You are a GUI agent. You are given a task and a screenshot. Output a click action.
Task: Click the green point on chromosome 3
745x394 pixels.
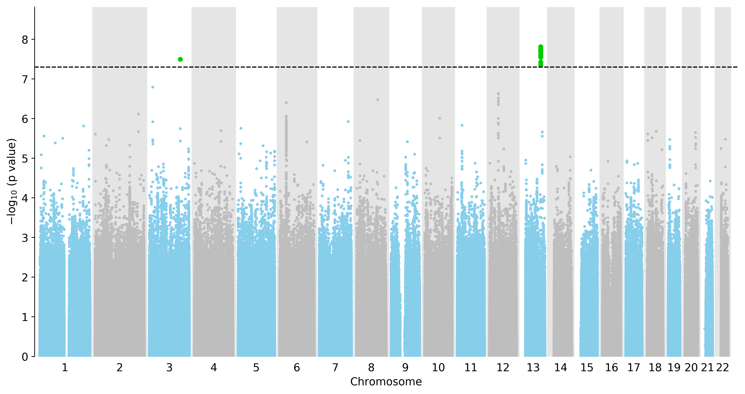click(x=180, y=59)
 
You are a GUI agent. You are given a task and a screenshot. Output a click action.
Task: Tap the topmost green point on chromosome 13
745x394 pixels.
click(x=541, y=46)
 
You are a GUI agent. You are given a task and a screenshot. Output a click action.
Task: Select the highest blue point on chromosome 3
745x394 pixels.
click(x=153, y=87)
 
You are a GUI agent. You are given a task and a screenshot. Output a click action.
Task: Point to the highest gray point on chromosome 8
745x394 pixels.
click(x=378, y=100)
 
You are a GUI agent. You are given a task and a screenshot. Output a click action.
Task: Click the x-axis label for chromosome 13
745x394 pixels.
click(x=533, y=368)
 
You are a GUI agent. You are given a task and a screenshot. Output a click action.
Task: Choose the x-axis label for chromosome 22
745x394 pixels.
click(x=722, y=368)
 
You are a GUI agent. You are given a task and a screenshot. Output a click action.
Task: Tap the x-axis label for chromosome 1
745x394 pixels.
click(x=65, y=368)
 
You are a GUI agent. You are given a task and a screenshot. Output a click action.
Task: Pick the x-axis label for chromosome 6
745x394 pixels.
click(x=297, y=368)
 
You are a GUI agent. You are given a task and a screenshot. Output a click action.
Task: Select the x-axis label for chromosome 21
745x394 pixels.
click(x=707, y=368)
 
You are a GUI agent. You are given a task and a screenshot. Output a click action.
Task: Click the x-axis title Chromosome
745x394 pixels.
click(x=386, y=382)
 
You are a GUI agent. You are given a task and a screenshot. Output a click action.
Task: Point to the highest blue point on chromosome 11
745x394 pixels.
click(x=462, y=125)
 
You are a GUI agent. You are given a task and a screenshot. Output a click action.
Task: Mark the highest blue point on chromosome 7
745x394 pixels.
click(x=348, y=122)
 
